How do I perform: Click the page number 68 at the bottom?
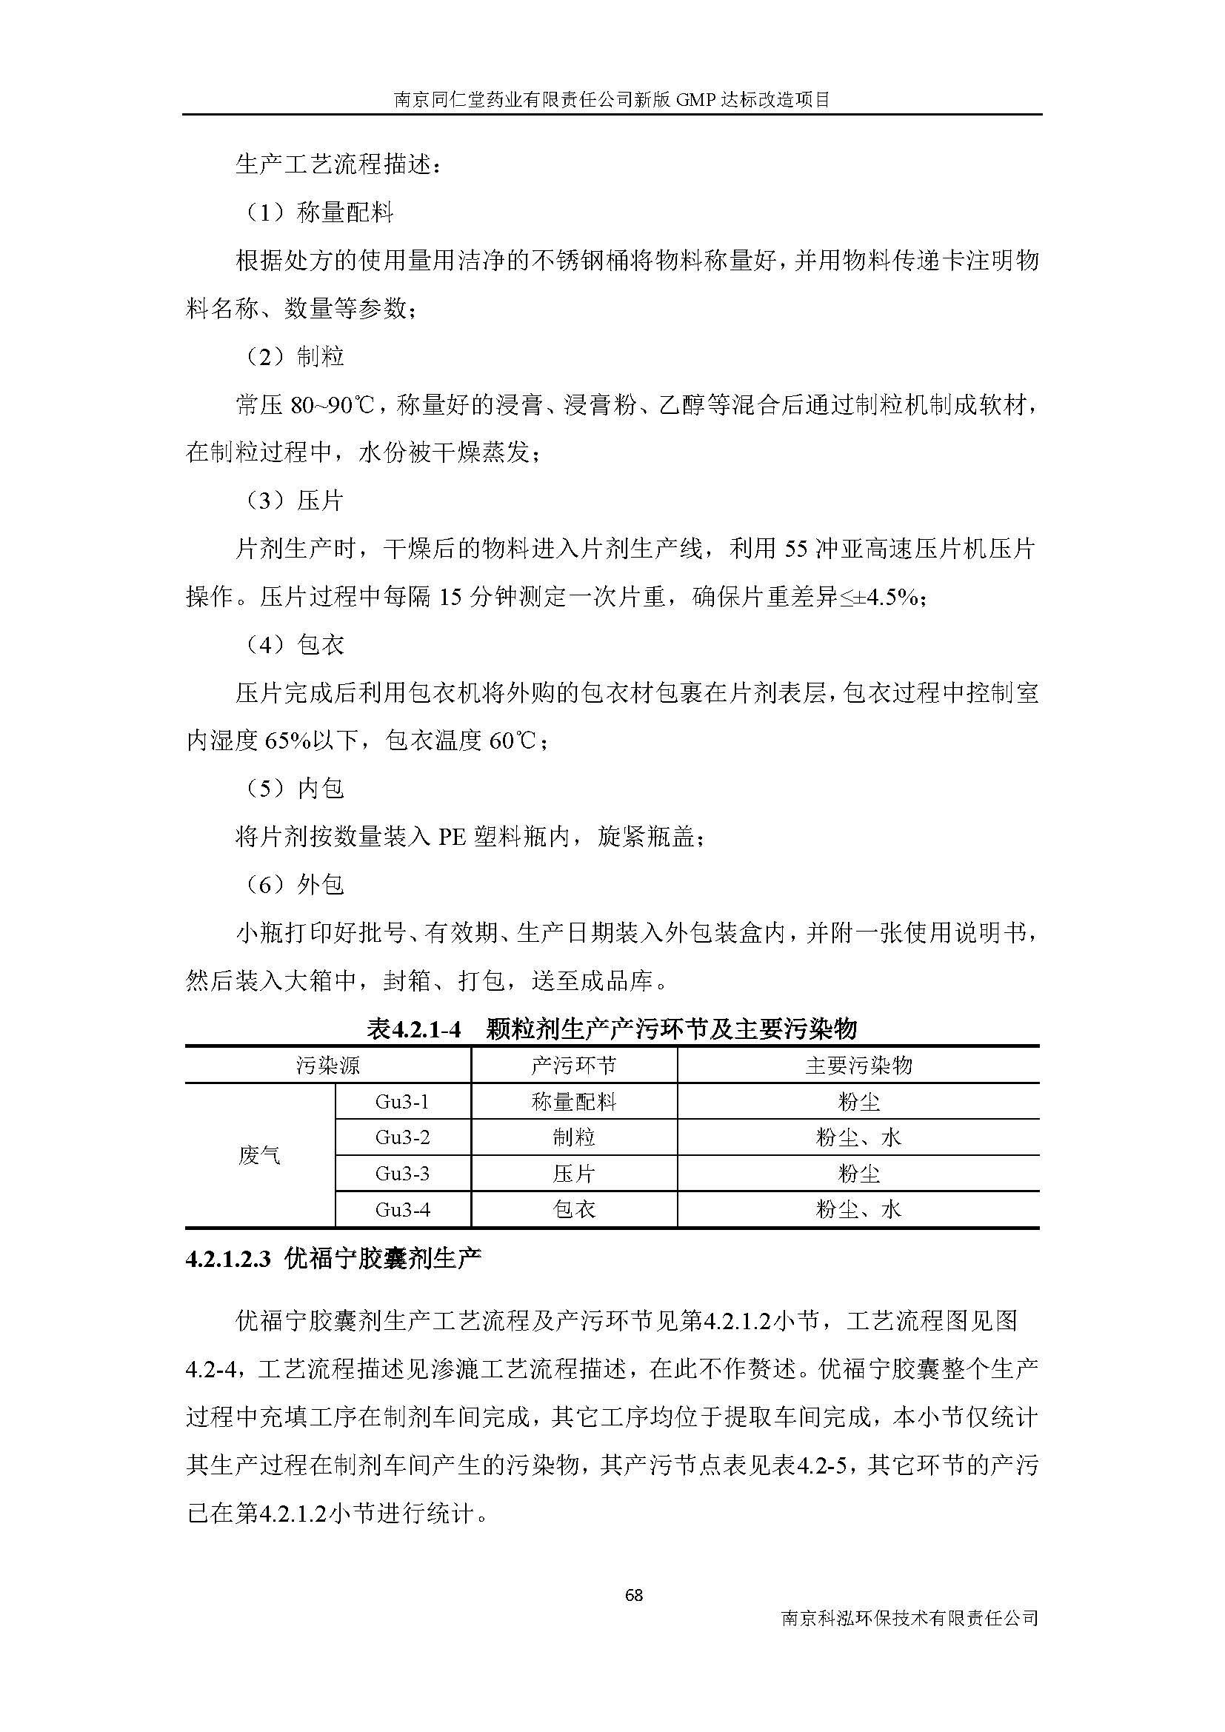click(x=634, y=1595)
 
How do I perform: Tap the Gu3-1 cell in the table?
click(x=402, y=1102)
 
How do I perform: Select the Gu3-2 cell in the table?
click(x=402, y=1137)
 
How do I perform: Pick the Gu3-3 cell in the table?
click(x=402, y=1174)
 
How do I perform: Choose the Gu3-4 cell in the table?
click(x=402, y=1210)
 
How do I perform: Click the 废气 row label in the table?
click(x=259, y=1155)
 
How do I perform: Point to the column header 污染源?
click(x=327, y=1065)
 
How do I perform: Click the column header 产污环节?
click(x=573, y=1065)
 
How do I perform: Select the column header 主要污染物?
click(x=858, y=1065)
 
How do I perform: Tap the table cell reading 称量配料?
click(x=573, y=1102)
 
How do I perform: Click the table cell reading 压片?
click(x=573, y=1174)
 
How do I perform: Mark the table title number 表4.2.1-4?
click(x=413, y=1029)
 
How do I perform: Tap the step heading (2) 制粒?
click(x=296, y=356)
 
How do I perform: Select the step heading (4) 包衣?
click(x=296, y=644)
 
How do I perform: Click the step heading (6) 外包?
click(x=296, y=884)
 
